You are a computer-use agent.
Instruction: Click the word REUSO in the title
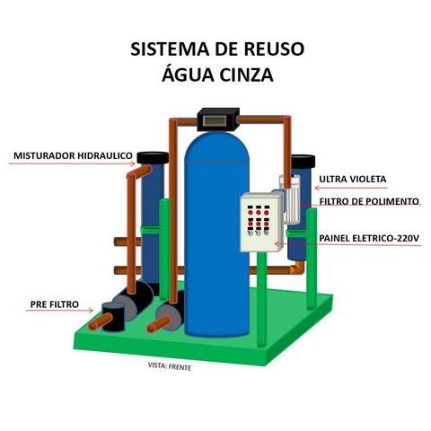pyautogui.click(x=274, y=49)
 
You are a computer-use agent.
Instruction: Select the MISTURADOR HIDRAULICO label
pyautogui.click(x=73, y=155)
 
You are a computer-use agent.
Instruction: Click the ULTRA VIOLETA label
pyautogui.click(x=353, y=179)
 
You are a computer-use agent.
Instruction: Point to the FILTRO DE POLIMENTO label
pyautogui.click(x=369, y=201)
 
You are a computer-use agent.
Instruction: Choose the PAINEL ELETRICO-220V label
pyautogui.click(x=369, y=238)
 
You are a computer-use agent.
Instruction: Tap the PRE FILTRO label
pyautogui.click(x=55, y=304)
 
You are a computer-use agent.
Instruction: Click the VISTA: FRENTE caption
pyautogui.click(x=170, y=366)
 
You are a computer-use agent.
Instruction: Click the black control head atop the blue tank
pyautogui.click(x=218, y=119)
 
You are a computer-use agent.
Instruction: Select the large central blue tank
pyautogui.click(x=217, y=233)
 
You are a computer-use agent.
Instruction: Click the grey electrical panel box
pyautogui.click(x=261, y=223)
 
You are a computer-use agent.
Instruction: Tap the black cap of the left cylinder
pyautogui.click(x=153, y=157)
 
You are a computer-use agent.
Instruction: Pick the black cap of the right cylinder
pyautogui.click(x=303, y=162)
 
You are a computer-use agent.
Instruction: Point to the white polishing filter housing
pyautogui.click(x=290, y=199)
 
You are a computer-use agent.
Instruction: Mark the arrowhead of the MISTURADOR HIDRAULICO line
pyautogui.click(x=132, y=163)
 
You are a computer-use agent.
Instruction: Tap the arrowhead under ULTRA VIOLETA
pyautogui.click(x=318, y=188)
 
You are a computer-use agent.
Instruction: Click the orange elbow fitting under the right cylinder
pyautogui.click(x=297, y=268)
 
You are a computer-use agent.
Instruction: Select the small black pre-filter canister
pyautogui.click(x=113, y=316)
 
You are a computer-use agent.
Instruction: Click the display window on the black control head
pyautogui.click(x=215, y=121)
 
